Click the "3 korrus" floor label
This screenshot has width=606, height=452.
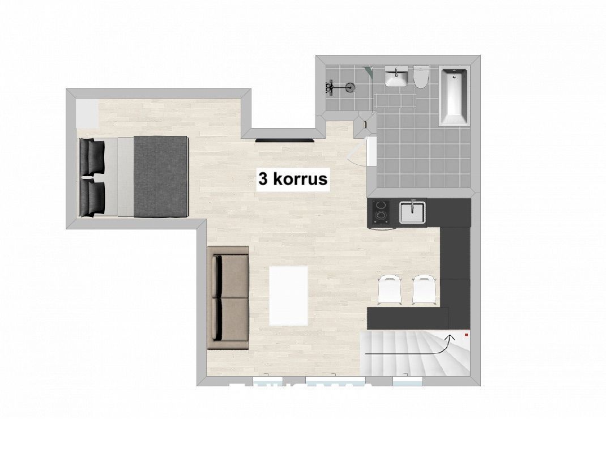point(293,179)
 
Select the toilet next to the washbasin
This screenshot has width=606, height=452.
point(421,76)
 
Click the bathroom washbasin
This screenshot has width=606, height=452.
point(396,76)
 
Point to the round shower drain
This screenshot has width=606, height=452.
point(349,88)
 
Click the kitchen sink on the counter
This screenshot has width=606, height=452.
point(412,212)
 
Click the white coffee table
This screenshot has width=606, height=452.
point(288,296)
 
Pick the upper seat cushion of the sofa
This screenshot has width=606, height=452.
point(232,276)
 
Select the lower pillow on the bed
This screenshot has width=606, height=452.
point(92,198)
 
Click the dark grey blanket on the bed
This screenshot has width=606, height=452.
point(161,176)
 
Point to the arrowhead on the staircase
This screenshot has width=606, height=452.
point(450,339)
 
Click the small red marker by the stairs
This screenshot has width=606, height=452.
point(467,334)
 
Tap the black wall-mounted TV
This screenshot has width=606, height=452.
point(285,140)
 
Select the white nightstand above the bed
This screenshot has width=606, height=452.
point(87,114)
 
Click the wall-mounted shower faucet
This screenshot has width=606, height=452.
point(330,88)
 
